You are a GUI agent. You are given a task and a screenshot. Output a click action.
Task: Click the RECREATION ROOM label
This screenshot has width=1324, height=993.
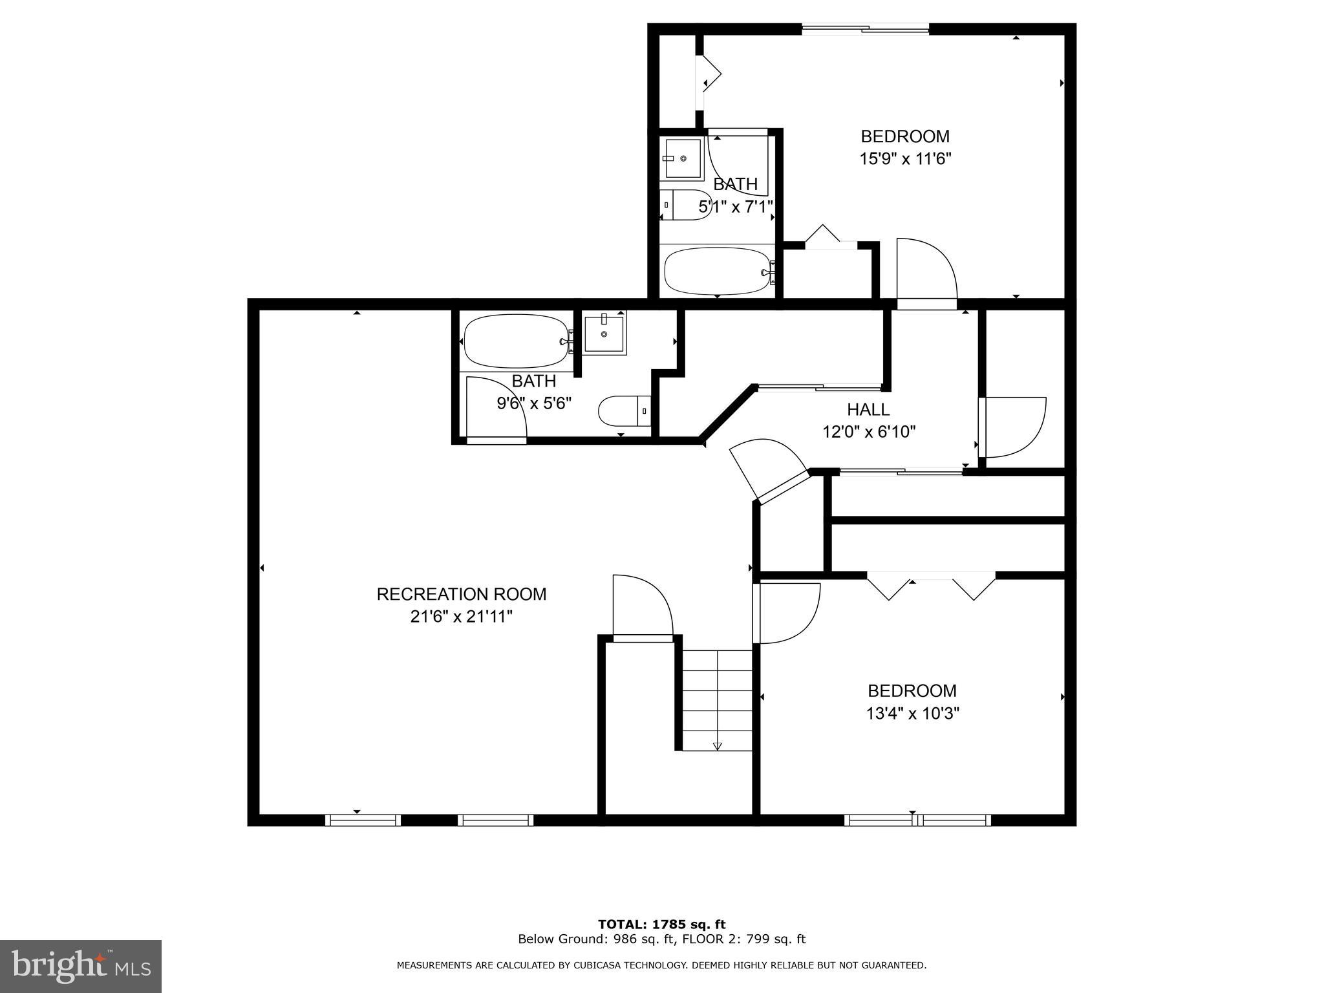pos(461,594)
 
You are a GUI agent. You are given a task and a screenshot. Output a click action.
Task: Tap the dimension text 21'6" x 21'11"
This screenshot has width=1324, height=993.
pos(461,617)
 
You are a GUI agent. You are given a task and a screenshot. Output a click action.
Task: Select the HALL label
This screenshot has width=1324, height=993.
pos(868,409)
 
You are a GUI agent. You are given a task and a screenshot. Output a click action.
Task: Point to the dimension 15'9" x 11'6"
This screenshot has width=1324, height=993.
pos(904,159)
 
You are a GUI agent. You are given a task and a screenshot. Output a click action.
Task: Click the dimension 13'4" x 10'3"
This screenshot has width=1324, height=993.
pos(912,714)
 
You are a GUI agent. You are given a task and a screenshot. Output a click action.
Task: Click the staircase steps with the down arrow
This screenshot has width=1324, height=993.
pos(717,699)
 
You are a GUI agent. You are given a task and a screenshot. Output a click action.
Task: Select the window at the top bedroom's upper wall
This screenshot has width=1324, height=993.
pos(865,28)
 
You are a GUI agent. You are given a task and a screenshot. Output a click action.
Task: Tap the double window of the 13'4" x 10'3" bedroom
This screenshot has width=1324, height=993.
pos(917,820)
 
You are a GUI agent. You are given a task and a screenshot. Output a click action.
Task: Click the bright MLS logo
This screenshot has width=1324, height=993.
pos(81,966)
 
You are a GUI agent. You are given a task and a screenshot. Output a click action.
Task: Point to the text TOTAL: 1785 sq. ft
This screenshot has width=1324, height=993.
pos(661,924)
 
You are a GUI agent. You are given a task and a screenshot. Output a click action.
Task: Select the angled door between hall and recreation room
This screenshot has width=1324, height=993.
pos(769,469)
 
